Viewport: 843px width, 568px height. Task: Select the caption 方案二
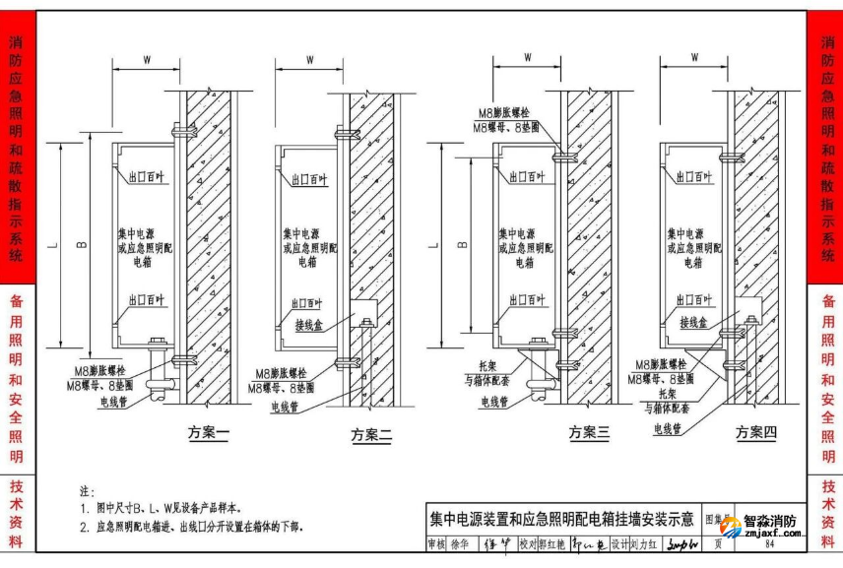[372, 434]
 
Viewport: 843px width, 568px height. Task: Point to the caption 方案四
[756, 432]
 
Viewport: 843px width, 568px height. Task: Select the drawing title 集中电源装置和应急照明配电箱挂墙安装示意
[560, 518]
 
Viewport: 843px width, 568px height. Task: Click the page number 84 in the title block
[768, 543]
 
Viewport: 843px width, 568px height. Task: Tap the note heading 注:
[86, 490]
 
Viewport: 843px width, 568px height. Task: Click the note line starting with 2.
[191, 527]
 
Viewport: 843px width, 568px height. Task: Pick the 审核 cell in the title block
[436, 543]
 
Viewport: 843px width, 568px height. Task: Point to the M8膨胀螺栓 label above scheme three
[504, 114]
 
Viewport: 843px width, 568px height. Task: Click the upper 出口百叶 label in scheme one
[146, 178]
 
